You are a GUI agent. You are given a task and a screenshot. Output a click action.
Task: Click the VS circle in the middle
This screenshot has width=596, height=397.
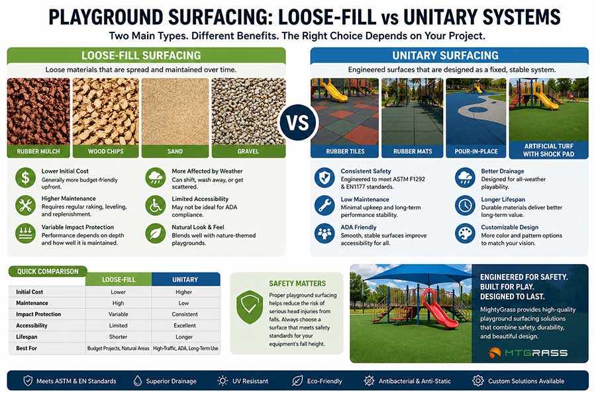[x=298, y=122]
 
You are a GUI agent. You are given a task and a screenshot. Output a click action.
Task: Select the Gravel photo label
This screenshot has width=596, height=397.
[x=248, y=152]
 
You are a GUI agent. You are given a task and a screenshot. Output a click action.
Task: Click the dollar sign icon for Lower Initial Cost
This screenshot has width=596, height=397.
[x=25, y=177]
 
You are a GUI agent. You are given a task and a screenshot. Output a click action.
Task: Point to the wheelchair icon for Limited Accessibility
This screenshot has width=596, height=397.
[x=156, y=205]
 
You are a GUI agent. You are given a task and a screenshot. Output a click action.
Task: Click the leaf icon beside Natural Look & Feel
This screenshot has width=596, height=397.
[x=156, y=233]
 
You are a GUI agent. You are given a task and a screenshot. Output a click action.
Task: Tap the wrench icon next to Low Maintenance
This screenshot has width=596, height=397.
[x=324, y=205]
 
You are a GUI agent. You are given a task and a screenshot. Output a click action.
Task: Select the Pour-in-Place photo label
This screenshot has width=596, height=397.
[x=475, y=152]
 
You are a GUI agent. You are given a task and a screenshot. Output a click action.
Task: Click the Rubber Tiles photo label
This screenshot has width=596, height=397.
[x=344, y=152]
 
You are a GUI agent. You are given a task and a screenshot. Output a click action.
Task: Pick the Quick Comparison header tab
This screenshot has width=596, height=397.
[x=48, y=271]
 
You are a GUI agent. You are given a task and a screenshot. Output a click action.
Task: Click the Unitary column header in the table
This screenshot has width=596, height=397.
[x=185, y=279]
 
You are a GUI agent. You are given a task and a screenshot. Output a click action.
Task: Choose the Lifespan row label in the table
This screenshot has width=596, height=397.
[x=30, y=336]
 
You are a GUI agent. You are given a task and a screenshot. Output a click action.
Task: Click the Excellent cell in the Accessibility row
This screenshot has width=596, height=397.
[x=185, y=325]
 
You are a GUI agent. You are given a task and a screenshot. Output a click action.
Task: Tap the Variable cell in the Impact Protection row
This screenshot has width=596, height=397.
[x=119, y=314]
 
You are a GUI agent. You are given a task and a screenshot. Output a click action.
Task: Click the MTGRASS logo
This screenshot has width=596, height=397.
[x=528, y=352]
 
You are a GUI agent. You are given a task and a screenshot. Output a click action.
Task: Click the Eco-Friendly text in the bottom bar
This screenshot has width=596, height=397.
[x=324, y=381]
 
